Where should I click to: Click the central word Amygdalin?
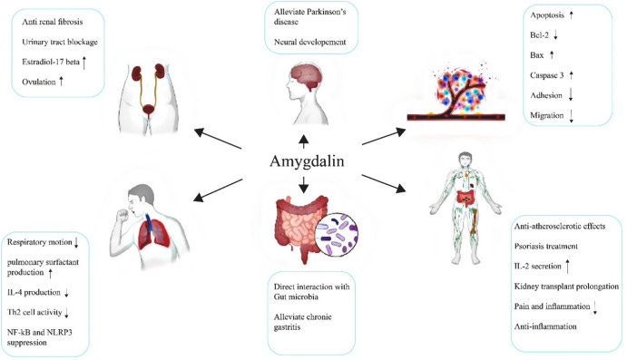coord(312,161)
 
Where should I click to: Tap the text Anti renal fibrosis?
coord(52,23)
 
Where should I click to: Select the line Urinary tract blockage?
coord(59,43)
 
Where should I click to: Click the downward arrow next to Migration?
coord(573,115)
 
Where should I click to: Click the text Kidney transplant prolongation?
coord(567,286)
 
